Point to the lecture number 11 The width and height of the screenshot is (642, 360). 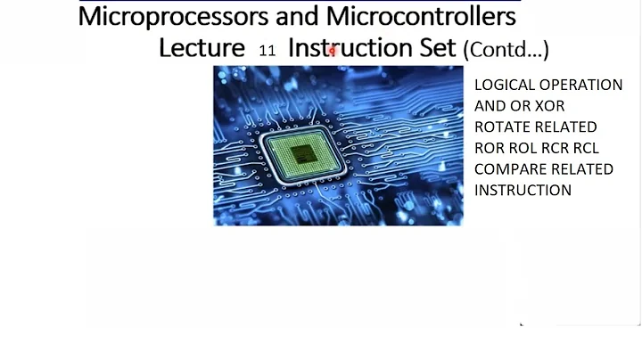[267, 51]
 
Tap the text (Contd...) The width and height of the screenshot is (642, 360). [506, 49]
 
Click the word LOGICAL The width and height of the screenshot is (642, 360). [505, 85]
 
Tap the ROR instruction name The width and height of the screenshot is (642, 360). [490, 148]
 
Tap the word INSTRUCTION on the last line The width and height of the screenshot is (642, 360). [523, 190]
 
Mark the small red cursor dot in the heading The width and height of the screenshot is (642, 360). [332, 52]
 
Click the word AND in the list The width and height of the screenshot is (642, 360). [490, 106]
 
